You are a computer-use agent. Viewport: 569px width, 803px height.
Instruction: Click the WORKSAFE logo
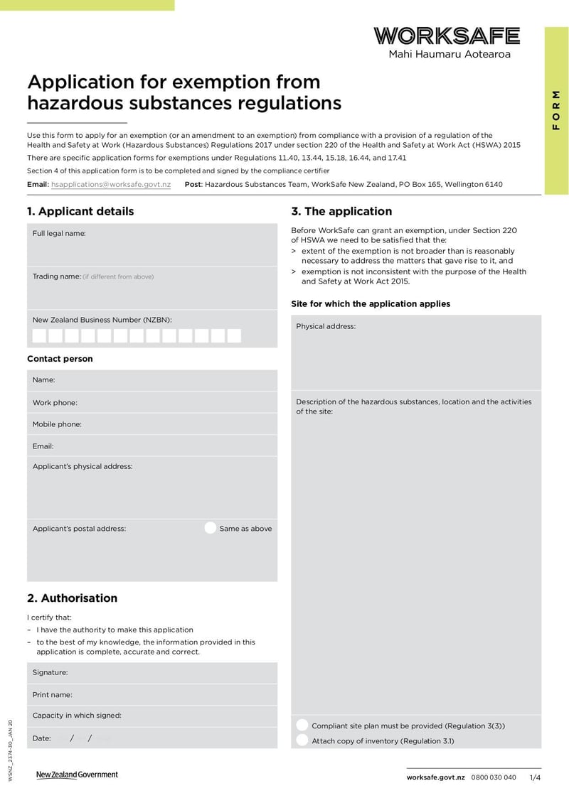[447, 36]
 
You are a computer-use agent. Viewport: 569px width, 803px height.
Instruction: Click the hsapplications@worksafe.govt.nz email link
[111, 184]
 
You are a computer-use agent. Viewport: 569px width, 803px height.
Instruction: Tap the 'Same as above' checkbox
[210, 528]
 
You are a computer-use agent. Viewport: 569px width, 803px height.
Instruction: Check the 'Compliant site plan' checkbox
[302, 726]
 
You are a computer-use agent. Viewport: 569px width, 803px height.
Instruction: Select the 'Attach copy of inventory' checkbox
[302, 740]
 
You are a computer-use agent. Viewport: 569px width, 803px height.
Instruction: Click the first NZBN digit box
[39, 335]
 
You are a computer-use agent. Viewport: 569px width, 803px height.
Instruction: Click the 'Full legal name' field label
[59, 233]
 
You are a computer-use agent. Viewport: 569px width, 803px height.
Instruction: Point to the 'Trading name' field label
[57, 276]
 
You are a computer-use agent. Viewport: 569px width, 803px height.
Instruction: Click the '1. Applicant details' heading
[80, 211]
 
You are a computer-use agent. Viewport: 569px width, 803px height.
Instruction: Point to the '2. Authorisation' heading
[72, 598]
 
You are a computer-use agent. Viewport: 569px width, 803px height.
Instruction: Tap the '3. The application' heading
[341, 211]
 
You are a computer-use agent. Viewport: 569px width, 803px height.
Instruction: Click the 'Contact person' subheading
[60, 359]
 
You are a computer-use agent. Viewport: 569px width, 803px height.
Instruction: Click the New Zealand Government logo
[78, 775]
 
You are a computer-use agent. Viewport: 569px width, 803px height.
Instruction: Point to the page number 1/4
[535, 777]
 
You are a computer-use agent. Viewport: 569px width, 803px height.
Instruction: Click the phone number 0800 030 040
[494, 777]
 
